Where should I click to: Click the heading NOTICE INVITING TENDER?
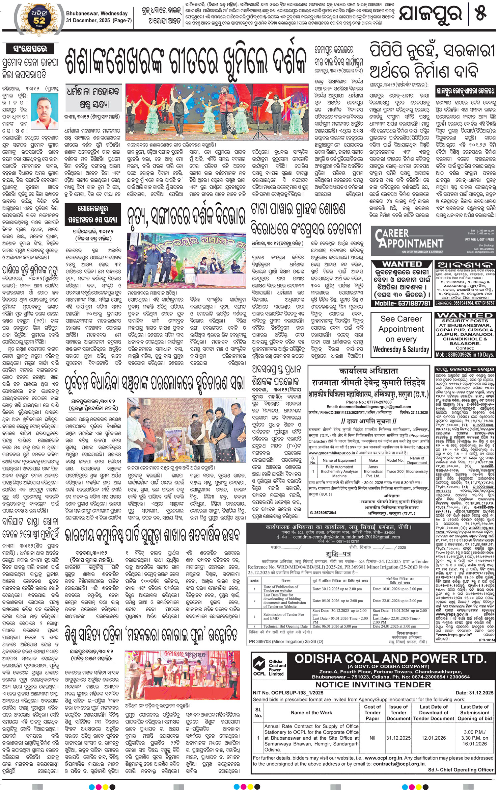point(373,685)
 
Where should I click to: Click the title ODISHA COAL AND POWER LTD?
point(390,659)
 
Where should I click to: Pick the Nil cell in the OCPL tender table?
point(372,738)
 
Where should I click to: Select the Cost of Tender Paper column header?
point(372,712)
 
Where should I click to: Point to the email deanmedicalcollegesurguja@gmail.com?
point(368,407)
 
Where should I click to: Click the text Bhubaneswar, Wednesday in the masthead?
point(97,14)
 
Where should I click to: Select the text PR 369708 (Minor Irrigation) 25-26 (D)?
point(285,641)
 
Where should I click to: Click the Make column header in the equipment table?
point(373,460)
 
